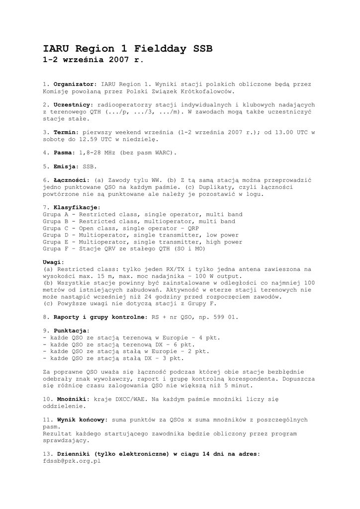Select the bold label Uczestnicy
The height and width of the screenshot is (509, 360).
pos(73,105)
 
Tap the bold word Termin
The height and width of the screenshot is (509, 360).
pos(66,132)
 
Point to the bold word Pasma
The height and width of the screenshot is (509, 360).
pos(64,153)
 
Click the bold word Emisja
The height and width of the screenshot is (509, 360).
pos(66,167)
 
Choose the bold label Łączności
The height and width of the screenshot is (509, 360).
pos(71,180)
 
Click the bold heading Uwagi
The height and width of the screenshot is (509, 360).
pos(53,262)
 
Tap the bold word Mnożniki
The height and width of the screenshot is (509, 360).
pos(73,399)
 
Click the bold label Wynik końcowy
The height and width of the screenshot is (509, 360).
pos(81,420)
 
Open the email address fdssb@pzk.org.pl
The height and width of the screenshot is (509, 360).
pos(72,461)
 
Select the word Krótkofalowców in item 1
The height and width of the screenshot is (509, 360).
pos(205,91)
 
